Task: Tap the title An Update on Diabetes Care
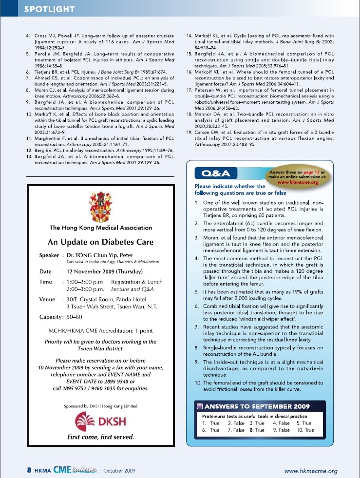[x=100, y=242]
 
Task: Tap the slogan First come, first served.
[x=100, y=437]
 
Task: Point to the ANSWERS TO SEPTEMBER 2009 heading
[x=258, y=405]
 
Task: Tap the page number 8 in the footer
[x=29, y=471]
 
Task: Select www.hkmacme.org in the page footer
[x=310, y=471]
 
